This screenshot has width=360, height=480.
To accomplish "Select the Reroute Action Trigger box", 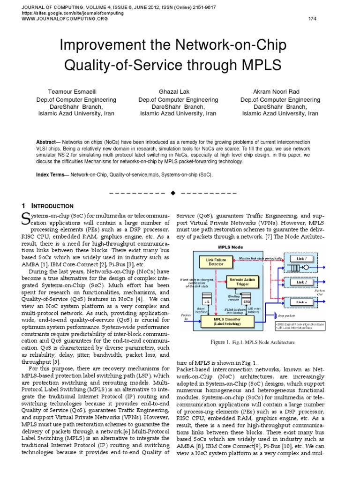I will [243, 282].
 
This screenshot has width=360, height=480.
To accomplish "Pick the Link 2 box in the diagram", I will [302, 282].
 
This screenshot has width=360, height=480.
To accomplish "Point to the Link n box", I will [302, 302].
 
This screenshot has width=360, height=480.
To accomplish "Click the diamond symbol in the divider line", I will [173, 192].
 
